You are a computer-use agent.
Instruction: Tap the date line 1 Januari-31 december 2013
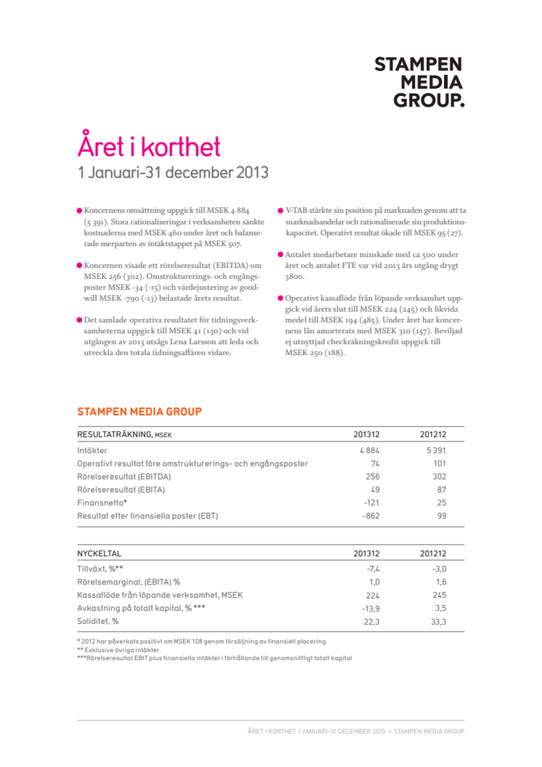point(174,174)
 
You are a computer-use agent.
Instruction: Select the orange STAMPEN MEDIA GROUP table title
point(139,412)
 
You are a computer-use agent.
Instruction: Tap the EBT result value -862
point(370,516)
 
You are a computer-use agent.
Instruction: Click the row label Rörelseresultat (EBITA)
point(121,490)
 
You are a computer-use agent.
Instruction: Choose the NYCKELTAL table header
point(99,554)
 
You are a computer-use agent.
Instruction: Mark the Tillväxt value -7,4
point(373,569)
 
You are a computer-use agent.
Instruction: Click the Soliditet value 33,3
point(438,622)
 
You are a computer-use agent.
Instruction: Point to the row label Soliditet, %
point(98,622)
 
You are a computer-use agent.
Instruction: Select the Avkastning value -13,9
point(371,609)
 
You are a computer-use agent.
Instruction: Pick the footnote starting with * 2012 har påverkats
point(202,641)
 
